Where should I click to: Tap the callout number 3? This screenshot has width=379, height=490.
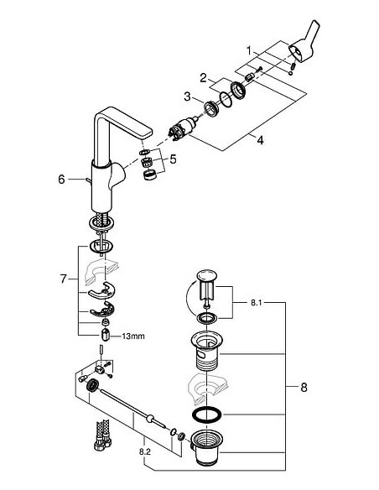pyautogui.click(x=189, y=98)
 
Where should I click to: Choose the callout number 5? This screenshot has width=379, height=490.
pyautogui.click(x=173, y=158)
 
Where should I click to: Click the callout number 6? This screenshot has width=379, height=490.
pyautogui.click(x=60, y=178)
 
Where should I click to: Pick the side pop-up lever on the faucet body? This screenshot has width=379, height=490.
pyautogui.click(x=82, y=179)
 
